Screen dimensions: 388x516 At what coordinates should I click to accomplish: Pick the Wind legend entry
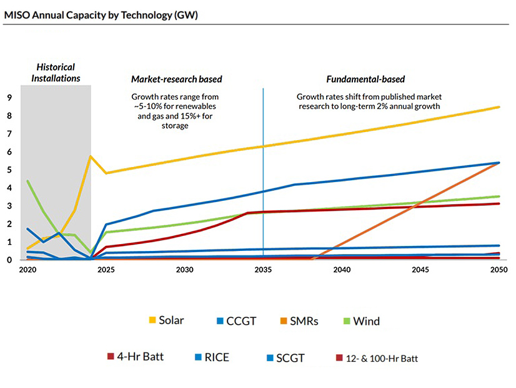point(365,321)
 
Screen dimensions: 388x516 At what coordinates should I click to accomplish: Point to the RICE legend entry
point(217,357)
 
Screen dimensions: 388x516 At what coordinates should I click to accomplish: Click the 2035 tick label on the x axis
point(263,270)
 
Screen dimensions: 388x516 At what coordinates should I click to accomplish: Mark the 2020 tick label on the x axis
point(27,270)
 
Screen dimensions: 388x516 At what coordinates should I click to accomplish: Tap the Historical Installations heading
point(55,73)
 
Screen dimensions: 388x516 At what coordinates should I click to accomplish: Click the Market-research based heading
point(177,79)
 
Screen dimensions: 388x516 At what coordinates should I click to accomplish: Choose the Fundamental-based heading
point(365,79)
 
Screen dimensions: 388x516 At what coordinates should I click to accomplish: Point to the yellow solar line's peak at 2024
point(91,156)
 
